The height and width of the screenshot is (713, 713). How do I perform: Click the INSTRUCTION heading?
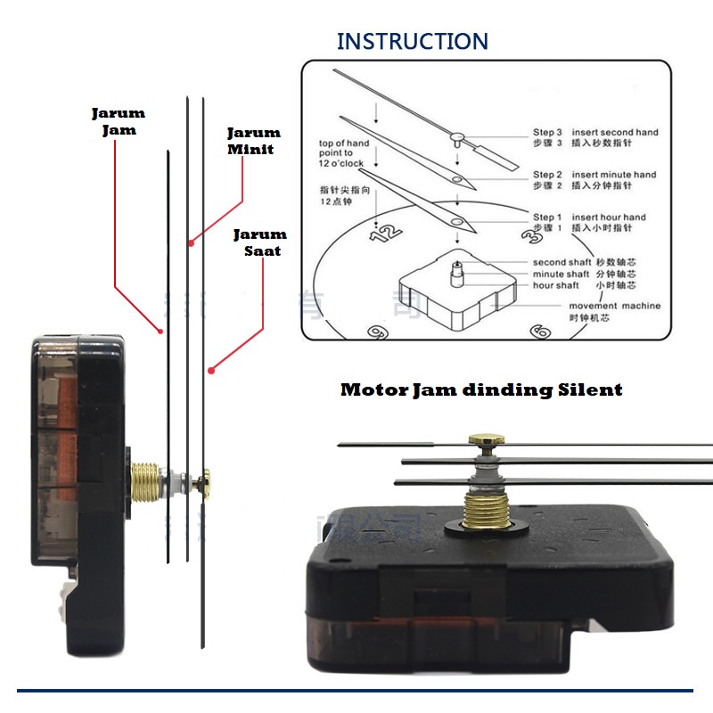(413, 41)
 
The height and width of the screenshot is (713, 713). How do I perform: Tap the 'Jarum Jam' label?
(118, 121)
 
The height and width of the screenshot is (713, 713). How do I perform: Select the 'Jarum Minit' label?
(253, 140)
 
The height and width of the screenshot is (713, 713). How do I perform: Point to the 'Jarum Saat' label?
(260, 242)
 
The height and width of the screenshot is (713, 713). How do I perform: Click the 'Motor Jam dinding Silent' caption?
(481, 389)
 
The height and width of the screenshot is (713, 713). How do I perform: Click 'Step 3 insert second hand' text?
(595, 132)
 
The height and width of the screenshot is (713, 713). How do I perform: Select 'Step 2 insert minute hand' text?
(594, 175)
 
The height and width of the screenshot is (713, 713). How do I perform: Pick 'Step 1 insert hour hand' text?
(589, 217)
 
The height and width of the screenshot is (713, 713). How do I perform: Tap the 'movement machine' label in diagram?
(615, 306)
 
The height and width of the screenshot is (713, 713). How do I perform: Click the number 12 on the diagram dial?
(386, 234)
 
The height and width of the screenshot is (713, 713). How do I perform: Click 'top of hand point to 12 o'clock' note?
(343, 152)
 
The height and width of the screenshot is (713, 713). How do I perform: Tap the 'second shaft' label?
(562, 262)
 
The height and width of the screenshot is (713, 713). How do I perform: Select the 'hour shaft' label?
(556, 285)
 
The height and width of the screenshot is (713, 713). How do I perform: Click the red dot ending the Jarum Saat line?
(211, 369)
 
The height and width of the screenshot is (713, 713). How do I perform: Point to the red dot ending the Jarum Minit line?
(189, 241)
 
